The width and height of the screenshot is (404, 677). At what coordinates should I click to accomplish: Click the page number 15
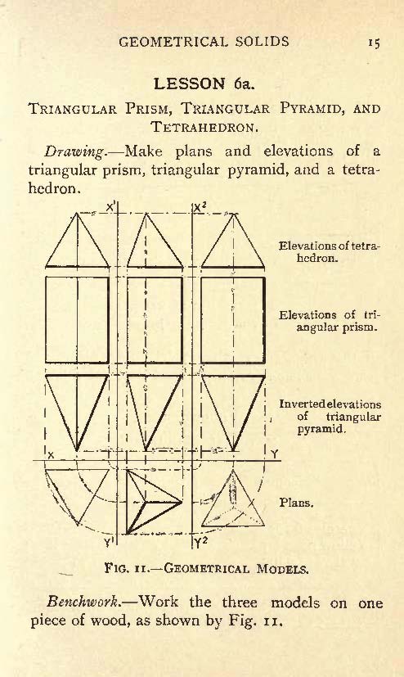[x=374, y=43]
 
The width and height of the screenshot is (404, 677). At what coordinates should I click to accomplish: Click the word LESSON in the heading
[x=189, y=83]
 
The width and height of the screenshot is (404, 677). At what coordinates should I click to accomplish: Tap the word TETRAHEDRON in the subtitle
[x=204, y=127]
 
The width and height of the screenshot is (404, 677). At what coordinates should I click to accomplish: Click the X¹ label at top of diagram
[x=110, y=207]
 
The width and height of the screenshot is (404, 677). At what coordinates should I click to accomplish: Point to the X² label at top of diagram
[x=200, y=208]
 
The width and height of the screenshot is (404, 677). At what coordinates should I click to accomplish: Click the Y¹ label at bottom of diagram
[x=109, y=542]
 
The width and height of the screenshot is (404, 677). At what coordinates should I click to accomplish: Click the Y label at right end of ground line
[x=274, y=454]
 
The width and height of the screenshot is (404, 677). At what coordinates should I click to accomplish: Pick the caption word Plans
[x=296, y=503]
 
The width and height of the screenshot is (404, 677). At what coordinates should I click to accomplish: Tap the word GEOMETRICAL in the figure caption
[x=207, y=568]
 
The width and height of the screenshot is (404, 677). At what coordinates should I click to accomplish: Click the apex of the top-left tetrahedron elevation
[x=77, y=213]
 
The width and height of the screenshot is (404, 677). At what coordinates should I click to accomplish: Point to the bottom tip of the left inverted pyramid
[x=77, y=451]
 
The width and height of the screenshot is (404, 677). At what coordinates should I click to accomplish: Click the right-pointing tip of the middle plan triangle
[x=182, y=502]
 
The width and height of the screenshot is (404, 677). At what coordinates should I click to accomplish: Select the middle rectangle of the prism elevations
[x=155, y=320]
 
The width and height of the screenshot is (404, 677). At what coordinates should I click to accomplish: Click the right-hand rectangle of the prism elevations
[x=233, y=320]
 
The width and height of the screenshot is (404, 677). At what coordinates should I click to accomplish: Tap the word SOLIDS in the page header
[x=263, y=42]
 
